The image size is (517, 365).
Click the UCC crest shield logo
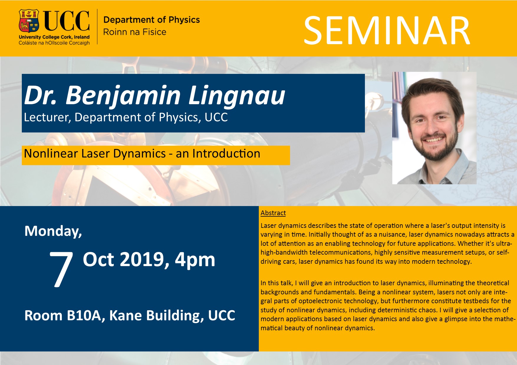(29, 21)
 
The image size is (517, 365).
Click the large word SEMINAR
(386, 31)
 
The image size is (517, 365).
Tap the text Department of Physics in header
(152, 20)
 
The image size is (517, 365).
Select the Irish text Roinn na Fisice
(134, 32)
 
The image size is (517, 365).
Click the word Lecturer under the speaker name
(47, 117)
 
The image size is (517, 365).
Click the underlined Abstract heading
(273, 213)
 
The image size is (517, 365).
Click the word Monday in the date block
(53, 231)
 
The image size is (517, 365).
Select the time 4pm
(195, 260)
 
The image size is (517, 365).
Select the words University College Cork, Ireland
(54, 37)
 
